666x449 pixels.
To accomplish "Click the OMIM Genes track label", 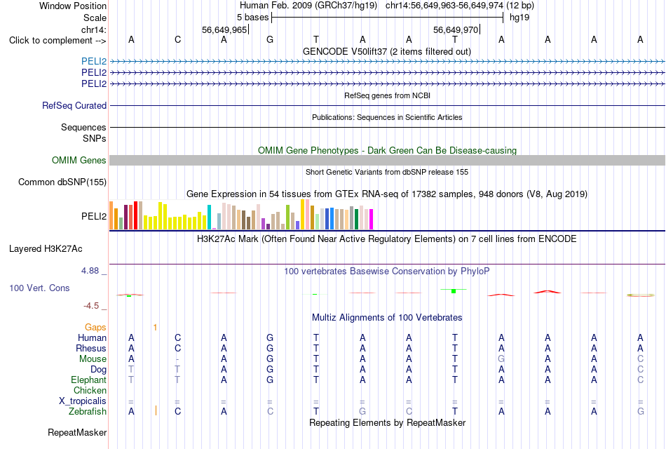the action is click(x=79, y=160).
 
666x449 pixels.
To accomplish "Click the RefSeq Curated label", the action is click(x=74, y=105).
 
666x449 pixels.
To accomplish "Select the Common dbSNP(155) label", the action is click(x=62, y=182).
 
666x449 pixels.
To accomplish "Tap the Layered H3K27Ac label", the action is click(x=46, y=249).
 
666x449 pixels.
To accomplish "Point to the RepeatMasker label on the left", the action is click(x=77, y=432).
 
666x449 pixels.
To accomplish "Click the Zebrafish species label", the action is click(x=88, y=412).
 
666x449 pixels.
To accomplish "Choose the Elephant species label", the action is click(x=89, y=380).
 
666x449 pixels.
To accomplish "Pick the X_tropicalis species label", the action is click(x=83, y=401).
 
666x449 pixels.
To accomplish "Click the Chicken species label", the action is click(x=90, y=390).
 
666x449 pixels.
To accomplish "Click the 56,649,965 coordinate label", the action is click(x=224, y=29).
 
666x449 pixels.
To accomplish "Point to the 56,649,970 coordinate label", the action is click(x=456, y=29).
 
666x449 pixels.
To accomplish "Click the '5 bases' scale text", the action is click(x=252, y=18).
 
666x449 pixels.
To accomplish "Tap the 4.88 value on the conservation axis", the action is click(x=90, y=271).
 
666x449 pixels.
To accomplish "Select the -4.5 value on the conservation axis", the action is click(x=91, y=306).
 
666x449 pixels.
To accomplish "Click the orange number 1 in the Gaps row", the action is click(x=155, y=328).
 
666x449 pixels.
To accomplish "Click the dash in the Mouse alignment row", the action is click(x=177, y=359).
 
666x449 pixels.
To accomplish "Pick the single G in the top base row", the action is click(x=270, y=40).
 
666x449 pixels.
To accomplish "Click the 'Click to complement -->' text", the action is click(x=57, y=41).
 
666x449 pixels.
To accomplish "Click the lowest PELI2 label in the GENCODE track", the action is click(x=94, y=83).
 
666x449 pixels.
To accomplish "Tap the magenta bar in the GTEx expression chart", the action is click(x=372, y=220).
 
